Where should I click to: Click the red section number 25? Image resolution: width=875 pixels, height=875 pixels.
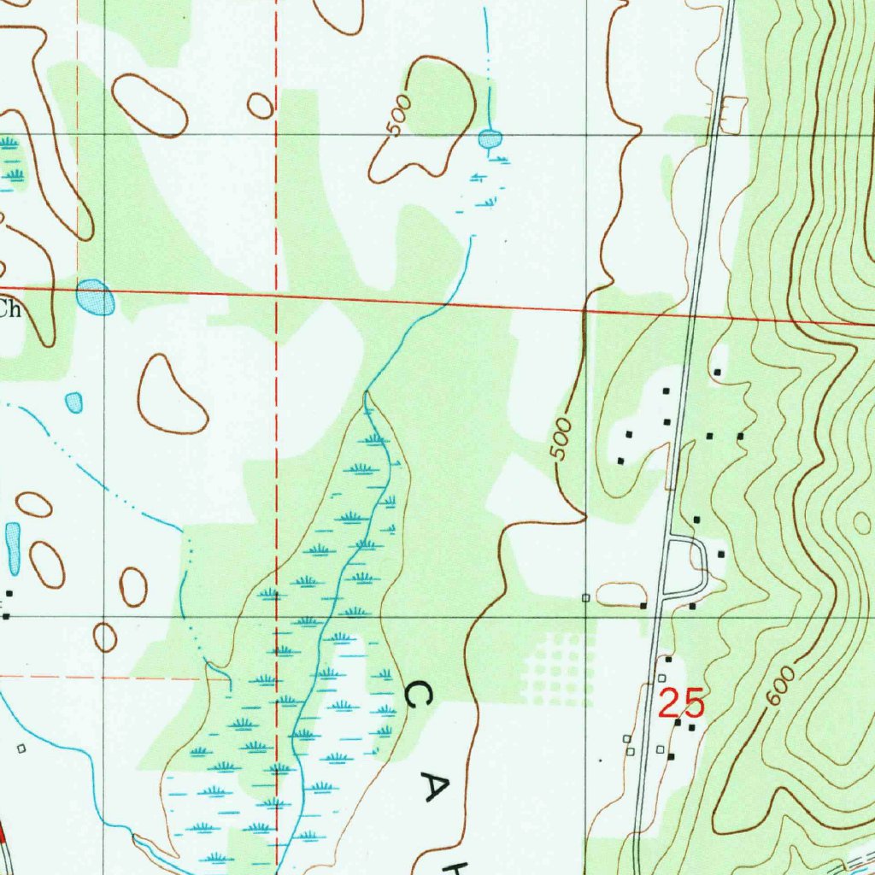point(682,703)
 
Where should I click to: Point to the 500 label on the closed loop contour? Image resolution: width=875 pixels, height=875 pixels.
point(398,117)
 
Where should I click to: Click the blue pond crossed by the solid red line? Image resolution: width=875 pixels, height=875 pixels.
point(95,297)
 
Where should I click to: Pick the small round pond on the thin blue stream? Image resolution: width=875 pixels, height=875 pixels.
point(490,138)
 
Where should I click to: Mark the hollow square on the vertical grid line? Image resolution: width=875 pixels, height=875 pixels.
point(585,597)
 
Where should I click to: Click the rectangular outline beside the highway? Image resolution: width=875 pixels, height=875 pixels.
point(733,116)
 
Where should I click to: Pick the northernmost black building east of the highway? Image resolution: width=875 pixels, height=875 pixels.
point(718,372)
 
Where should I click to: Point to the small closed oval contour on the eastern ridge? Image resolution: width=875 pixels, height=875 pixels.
point(861,522)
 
